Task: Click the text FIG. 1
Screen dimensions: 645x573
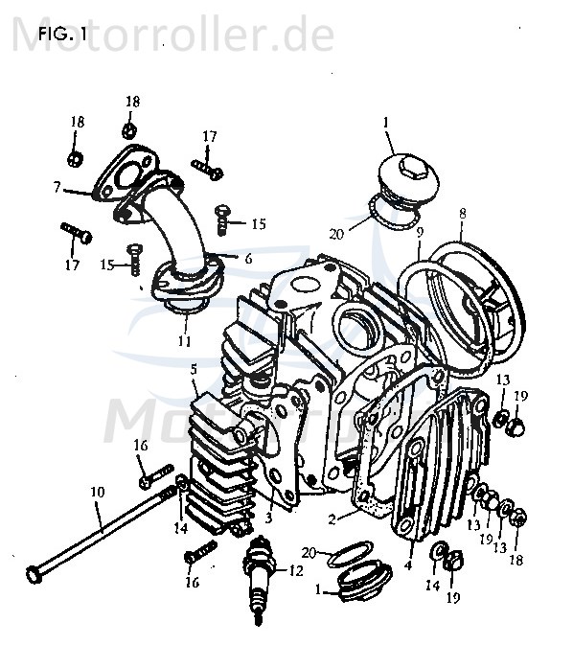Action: point(62,35)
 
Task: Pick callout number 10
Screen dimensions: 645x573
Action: point(97,492)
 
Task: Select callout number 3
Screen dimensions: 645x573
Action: point(269,518)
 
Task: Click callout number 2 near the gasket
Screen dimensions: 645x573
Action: point(331,519)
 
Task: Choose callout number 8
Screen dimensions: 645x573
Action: point(462,214)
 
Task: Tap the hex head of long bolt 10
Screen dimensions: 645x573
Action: point(36,574)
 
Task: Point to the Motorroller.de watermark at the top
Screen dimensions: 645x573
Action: point(172,35)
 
